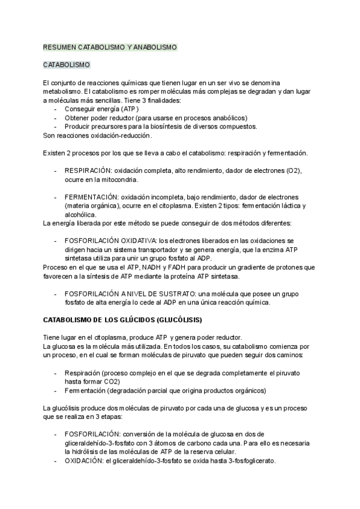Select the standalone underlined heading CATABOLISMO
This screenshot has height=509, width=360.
click(x=67, y=64)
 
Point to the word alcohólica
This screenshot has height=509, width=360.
click(x=81, y=214)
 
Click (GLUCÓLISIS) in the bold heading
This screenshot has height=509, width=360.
click(x=175, y=319)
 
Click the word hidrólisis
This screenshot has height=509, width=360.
click(x=88, y=451)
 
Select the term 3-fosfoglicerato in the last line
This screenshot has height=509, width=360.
click(x=246, y=460)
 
